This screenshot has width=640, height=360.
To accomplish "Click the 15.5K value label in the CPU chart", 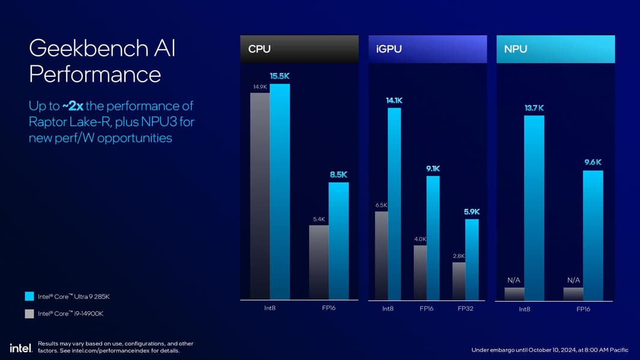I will point(280,77).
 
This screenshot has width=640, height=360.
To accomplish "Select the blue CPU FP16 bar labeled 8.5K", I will point(339,240).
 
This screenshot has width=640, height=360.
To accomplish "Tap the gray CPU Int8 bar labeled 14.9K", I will point(260,196).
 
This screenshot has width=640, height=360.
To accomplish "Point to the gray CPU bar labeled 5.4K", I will point(319,262).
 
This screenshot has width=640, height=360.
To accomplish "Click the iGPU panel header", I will point(427,49).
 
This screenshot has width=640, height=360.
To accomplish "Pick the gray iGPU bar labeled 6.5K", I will point(381,255).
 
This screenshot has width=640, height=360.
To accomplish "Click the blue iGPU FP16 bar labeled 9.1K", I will point(433,237).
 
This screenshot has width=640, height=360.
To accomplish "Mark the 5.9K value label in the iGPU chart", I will point(472,212).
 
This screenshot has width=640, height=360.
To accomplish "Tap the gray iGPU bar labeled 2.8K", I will point(459,281).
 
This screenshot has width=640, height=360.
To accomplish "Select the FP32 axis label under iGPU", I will point(465,309).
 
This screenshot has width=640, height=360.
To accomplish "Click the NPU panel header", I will point(555,49).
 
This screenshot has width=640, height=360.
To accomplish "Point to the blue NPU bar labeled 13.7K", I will point(534,208).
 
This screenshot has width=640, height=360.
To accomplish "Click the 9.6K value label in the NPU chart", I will point(593,162).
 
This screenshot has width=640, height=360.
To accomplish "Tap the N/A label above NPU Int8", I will point(514,280).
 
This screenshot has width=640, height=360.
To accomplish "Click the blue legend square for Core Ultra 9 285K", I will point(29,296).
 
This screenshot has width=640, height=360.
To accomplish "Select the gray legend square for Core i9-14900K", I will point(29,313).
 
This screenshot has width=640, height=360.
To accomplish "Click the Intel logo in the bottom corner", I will point(20,348).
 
